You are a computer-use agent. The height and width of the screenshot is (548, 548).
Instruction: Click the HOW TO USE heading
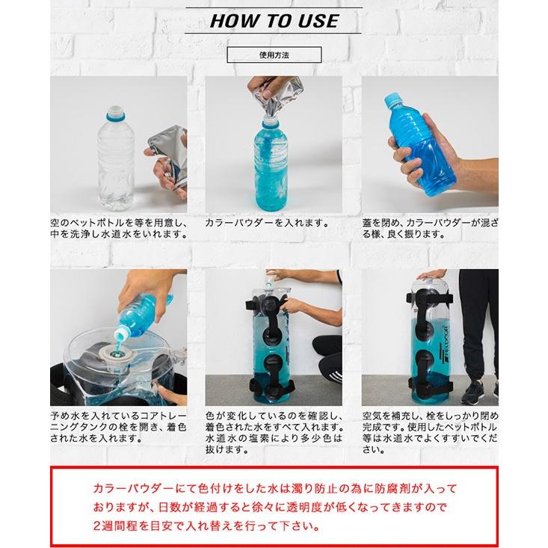(x=274, y=20)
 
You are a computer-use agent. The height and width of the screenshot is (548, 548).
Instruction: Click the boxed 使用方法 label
(x=274, y=55)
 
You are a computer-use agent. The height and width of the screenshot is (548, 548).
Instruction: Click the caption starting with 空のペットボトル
(x=118, y=228)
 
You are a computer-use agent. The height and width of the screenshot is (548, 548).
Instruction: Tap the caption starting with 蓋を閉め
(x=429, y=228)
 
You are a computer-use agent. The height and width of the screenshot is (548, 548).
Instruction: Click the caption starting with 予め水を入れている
(x=118, y=427)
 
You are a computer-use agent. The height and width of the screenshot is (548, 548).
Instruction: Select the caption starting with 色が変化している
(x=274, y=432)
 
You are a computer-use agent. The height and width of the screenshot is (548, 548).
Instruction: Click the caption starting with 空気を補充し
(x=429, y=432)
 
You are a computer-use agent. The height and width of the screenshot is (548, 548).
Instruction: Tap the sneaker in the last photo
(x=474, y=391)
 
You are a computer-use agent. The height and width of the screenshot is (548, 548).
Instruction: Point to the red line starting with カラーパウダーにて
(x=274, y=488)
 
